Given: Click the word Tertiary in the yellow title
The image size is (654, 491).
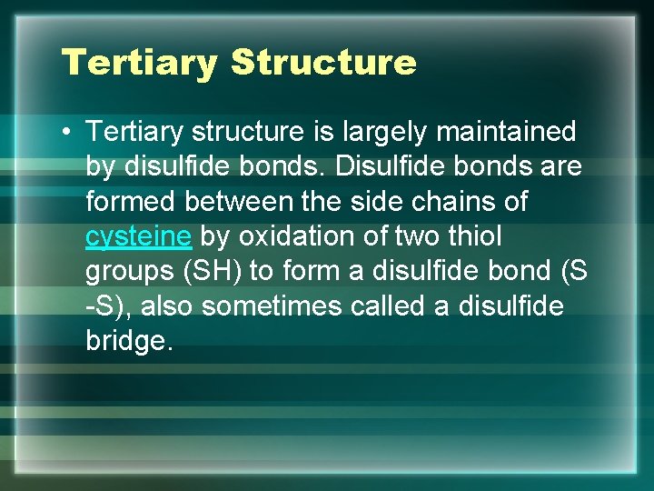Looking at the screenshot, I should [139, 63].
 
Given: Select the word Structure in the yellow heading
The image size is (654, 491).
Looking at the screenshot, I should [323, 63].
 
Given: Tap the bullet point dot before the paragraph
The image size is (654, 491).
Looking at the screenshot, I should [67, 133].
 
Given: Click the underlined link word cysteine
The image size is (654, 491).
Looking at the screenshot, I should [138, 237].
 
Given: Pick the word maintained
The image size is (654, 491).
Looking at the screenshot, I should [506, 133].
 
